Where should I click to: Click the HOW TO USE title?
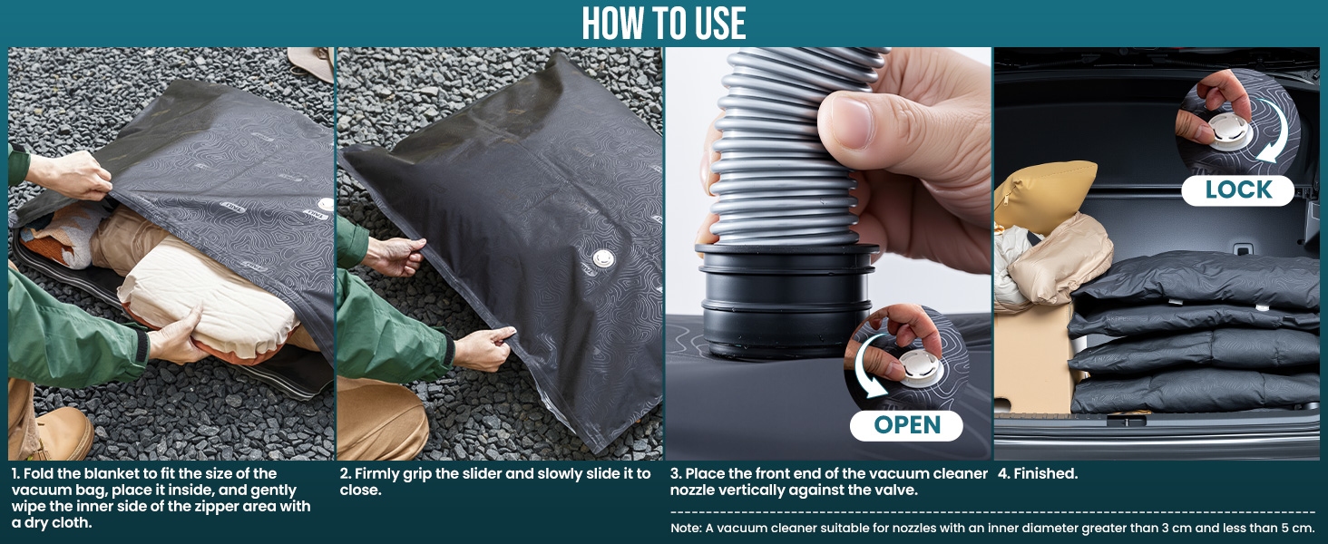pos(663,24)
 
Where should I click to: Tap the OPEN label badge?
pos(906,425)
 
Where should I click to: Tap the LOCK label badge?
pos(1238,190)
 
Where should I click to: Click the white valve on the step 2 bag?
pos(603,258)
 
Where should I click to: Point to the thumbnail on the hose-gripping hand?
pos(852,121)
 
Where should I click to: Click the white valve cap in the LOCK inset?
pos(1230,131)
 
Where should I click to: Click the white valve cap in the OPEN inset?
pos(920,366)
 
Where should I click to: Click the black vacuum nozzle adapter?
pos(786,300)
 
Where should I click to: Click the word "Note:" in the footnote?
pos(686,528)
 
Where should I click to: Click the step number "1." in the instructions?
pos(15,473)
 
